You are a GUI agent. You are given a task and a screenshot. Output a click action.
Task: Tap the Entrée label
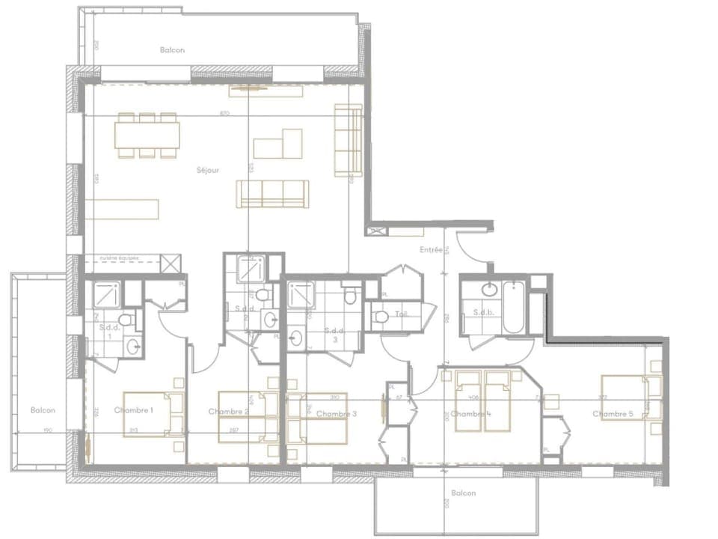(x=431, y=250)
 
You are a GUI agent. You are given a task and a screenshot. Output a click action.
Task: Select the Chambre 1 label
(x=134, y=410)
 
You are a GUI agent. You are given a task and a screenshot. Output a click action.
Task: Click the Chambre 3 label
(x=337, y=414)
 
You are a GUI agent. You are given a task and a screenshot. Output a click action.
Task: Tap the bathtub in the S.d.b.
(x=514, y=306)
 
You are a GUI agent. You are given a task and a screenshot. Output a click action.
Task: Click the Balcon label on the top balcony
(x=172, y=50)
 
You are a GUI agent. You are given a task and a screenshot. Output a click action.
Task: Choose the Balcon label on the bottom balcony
(x=464, y=493)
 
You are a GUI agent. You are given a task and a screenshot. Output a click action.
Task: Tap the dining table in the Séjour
(x=147, y=135)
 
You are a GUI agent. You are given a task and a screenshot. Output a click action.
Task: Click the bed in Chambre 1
(x=153, y=414)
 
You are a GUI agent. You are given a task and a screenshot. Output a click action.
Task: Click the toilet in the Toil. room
(x=381, y=317)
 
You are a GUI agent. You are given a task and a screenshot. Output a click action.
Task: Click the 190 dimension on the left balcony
(x=46, y=430)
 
